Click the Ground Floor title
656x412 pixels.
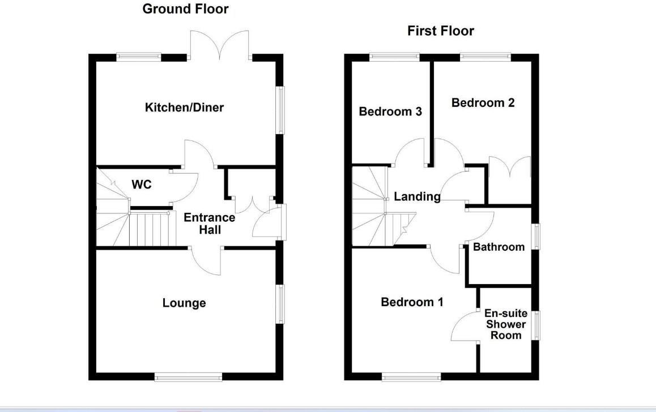tap(185, 9)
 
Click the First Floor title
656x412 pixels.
tap(440, 31)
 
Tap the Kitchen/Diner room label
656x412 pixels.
tap(184, 107)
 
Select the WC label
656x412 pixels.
tap(141, 184)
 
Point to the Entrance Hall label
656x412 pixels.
tap(209, 224)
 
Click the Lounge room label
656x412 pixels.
tap(184, 303)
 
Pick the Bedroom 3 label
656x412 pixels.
tap(390, 111)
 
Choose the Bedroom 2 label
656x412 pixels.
tap(483, 102)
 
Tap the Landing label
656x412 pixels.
tap(417, 196)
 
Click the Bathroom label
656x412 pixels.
tap(499, 247)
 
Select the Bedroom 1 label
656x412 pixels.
tap(412, 302)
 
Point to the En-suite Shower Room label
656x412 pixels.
tap(505, 324)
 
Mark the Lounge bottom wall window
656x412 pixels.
tap(189, 376)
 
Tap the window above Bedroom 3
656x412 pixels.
tap(394, 57)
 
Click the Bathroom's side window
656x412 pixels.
tap(535, 237)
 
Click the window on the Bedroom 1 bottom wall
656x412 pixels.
tap(411, 376)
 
